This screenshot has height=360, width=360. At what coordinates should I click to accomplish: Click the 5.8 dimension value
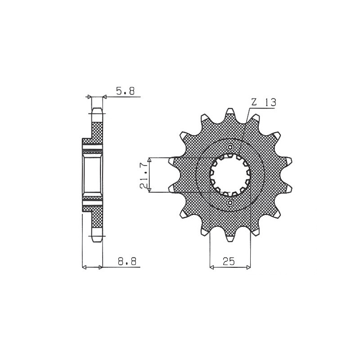(x=125, y=91)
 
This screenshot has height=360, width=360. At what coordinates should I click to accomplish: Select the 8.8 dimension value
(x=127, y=261)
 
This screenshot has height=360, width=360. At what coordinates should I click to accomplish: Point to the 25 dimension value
(x=229, y=261)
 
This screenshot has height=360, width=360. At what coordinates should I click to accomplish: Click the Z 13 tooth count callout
(x=264, y=102)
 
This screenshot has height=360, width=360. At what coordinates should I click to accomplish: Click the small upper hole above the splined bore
(x=230, y=147)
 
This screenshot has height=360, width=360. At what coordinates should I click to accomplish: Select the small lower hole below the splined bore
(x=230, y=202)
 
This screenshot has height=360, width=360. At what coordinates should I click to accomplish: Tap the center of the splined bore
(x=230, y=175)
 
